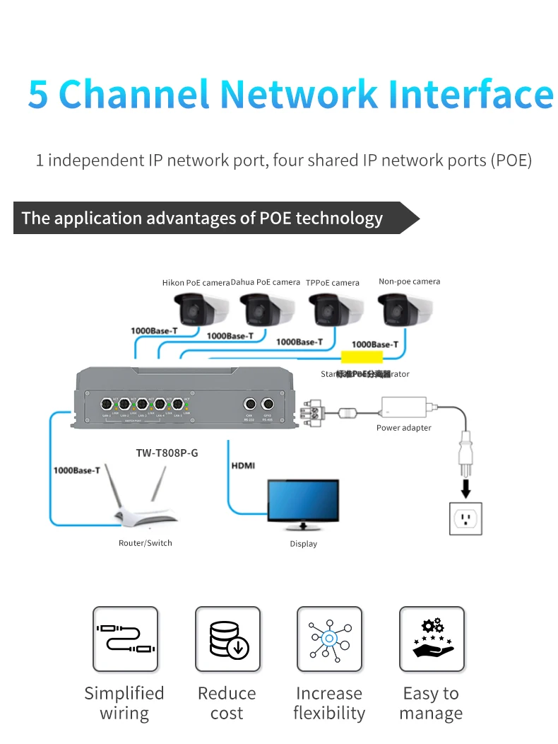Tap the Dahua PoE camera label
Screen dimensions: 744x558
point(266,282)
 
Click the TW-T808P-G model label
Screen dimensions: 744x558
point(167,453)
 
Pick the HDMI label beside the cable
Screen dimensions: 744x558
point(243,466)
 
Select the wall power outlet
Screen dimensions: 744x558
point(466,518)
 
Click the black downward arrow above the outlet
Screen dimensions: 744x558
point(466,487)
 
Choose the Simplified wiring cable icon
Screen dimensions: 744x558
point(125,639)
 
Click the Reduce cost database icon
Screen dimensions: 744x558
point(227,639)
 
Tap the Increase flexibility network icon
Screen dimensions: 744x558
point(329,639)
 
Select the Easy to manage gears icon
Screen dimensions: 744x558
point(432,639)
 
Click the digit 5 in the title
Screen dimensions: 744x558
point(39,95)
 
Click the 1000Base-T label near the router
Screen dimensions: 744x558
point(76,470)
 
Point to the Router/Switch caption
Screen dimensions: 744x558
point(146,543)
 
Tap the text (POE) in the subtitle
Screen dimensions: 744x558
point(510,161)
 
